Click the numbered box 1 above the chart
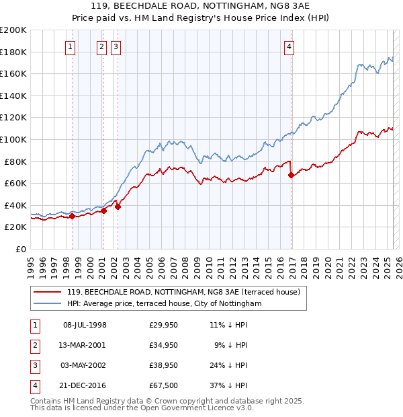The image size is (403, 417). tap(71, 46)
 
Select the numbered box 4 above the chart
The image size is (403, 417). tap(289, 46)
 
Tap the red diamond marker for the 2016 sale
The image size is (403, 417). tap(292, 176)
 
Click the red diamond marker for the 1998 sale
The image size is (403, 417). tap(72, 216)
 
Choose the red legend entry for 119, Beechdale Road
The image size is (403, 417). tap(187, 292)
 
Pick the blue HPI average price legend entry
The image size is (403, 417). tap(164, 304)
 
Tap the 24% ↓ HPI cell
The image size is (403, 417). tap(228, 366)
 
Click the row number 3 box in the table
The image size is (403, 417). tap(34, 366)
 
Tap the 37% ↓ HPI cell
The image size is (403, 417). tap(228, 386)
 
